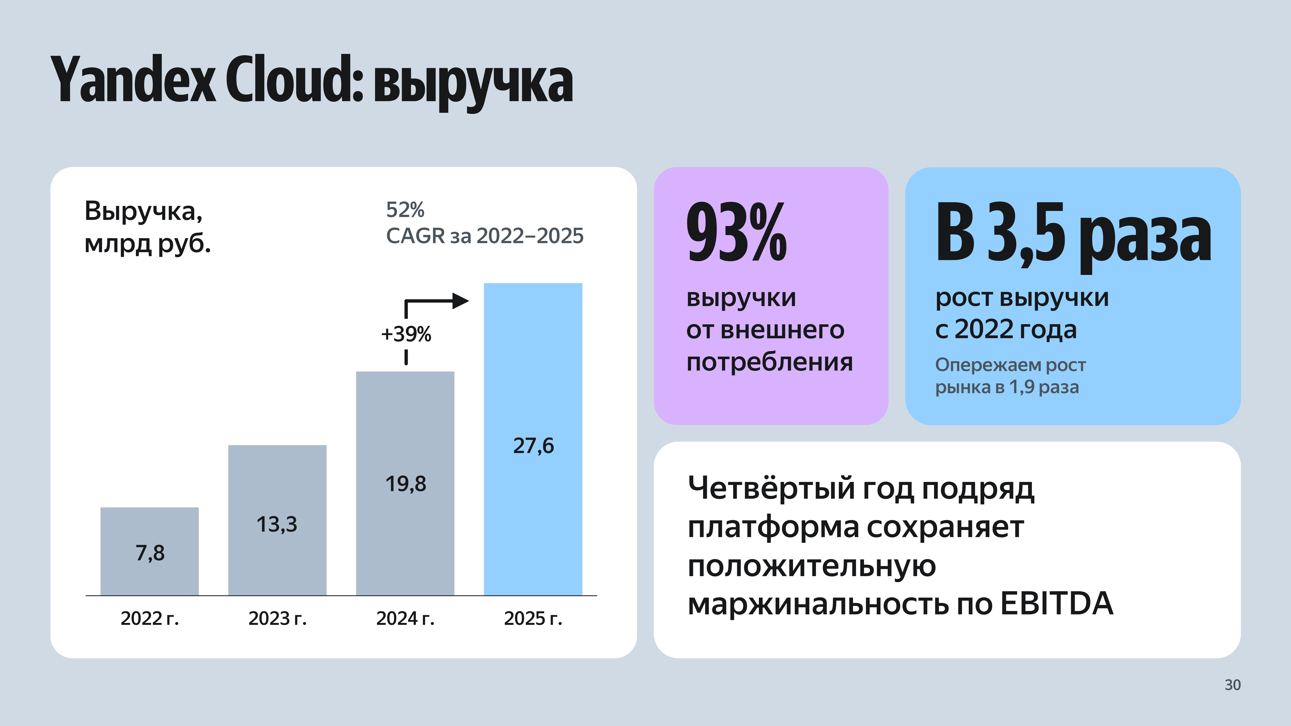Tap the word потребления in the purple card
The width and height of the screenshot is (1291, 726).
[x=769, y=362]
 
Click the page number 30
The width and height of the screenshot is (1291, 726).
[x=1232, y=685]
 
